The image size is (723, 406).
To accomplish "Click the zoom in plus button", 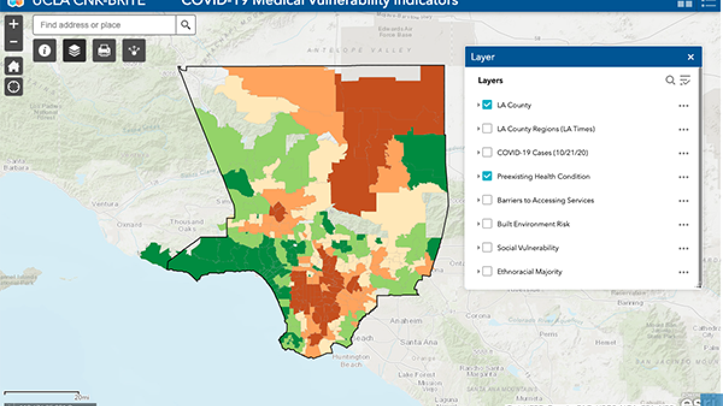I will point(14,25).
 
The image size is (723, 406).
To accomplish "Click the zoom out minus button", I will point(14,43).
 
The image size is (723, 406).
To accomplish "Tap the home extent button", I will point(14,66).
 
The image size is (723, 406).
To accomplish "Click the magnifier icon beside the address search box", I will point(186,25).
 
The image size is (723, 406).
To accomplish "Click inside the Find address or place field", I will point(104,25).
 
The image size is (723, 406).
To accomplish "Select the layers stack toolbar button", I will point(74,51).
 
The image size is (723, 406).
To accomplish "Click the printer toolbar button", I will point(104,51).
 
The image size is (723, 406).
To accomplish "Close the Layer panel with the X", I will point(690,57).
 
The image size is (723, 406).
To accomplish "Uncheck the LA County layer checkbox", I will point(487,105).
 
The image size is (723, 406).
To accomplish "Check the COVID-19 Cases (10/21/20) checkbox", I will point(487,152).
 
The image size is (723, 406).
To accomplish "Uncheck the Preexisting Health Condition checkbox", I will point(487,176).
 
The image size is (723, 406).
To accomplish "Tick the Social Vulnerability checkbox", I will point(487,248).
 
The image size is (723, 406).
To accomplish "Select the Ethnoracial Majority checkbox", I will point(487,271).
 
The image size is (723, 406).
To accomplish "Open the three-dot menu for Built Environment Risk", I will point(683,224).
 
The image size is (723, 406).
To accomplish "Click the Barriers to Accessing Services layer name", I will point(545,200).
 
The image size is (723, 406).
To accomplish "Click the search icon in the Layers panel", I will point(670,80).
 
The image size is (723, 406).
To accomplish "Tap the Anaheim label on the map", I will point(407,321).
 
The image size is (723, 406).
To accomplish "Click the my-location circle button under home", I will point(14,87).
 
